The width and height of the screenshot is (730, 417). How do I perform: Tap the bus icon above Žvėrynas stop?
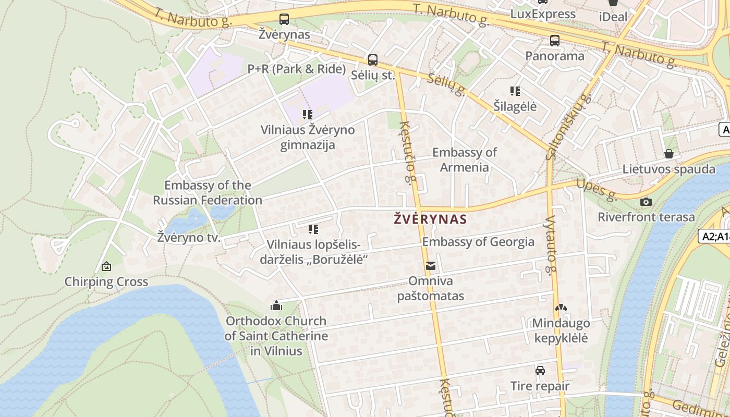284,19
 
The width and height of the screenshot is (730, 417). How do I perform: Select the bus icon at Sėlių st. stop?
373,59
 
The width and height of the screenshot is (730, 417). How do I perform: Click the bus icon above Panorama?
555,40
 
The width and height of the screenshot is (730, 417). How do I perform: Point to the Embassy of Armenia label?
464,160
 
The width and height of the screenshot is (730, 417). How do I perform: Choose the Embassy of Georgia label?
478,242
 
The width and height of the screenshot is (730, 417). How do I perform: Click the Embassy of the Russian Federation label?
208,193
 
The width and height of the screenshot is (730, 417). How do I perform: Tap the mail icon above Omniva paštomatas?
431,266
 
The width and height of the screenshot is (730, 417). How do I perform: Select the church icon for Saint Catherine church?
276,305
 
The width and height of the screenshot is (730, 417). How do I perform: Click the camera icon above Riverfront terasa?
646,202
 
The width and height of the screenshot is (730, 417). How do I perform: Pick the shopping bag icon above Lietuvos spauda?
669,154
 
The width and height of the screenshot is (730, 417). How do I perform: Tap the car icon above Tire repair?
540,371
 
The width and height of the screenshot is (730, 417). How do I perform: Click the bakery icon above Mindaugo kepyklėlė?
561,308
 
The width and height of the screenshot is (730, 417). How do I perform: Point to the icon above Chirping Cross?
106,266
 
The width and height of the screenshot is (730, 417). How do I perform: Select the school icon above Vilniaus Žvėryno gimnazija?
308,114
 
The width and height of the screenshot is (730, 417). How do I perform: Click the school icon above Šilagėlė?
515,91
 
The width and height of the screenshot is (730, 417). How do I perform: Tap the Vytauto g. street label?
550,245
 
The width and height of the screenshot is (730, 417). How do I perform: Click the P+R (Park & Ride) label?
296,69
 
